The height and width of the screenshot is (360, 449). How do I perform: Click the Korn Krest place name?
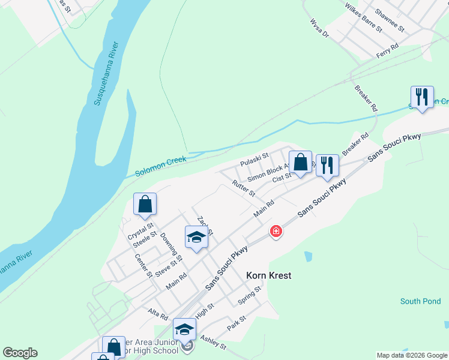coord(268,275)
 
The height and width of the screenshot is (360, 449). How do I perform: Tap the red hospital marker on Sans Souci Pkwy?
coord(276,231)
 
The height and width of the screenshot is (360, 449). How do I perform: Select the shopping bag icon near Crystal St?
coord(145,205)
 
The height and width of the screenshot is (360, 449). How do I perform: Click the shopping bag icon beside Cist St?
coord(300,163)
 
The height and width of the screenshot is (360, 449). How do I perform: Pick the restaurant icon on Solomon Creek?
coord(422,98)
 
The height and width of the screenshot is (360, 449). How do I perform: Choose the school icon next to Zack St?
coord(196,238)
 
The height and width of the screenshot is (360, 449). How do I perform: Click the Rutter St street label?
coord(244,190)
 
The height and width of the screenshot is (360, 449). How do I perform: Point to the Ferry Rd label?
coord(387,50)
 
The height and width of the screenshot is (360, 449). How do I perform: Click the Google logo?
coord(20,353)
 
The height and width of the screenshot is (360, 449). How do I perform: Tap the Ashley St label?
coord(213,343)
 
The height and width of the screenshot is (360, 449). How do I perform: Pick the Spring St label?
coord(250,295)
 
